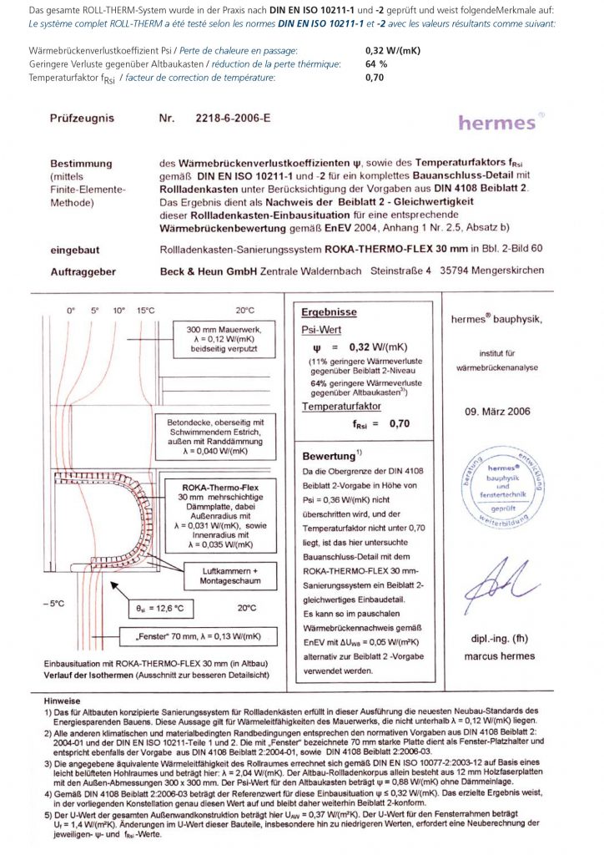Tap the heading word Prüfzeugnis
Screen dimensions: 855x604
(x=82, y=119)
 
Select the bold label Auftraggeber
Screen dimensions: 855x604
(x=83, y=271)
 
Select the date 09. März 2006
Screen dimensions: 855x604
(x=496, y=411)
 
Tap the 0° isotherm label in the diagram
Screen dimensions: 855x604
(x=71, y=310)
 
